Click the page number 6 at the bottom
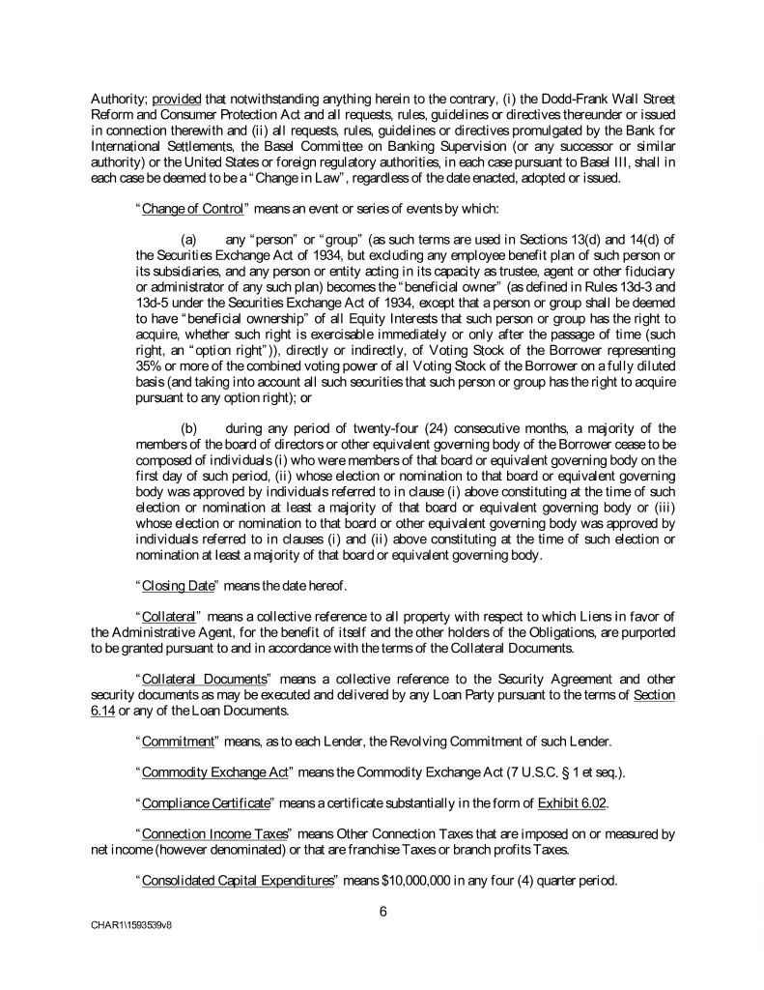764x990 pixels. [382, 907]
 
